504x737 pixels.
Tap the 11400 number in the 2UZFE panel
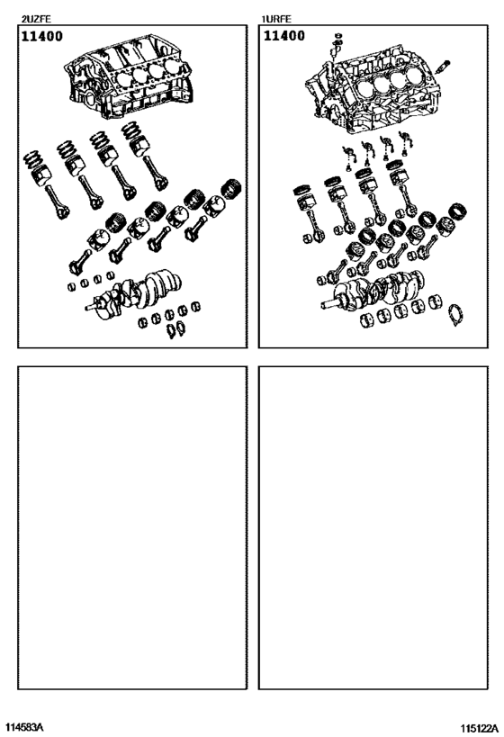[x=43, y=37]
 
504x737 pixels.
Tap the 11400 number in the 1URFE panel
[x=283, y=37]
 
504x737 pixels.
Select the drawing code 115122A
[x=478, y=726]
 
